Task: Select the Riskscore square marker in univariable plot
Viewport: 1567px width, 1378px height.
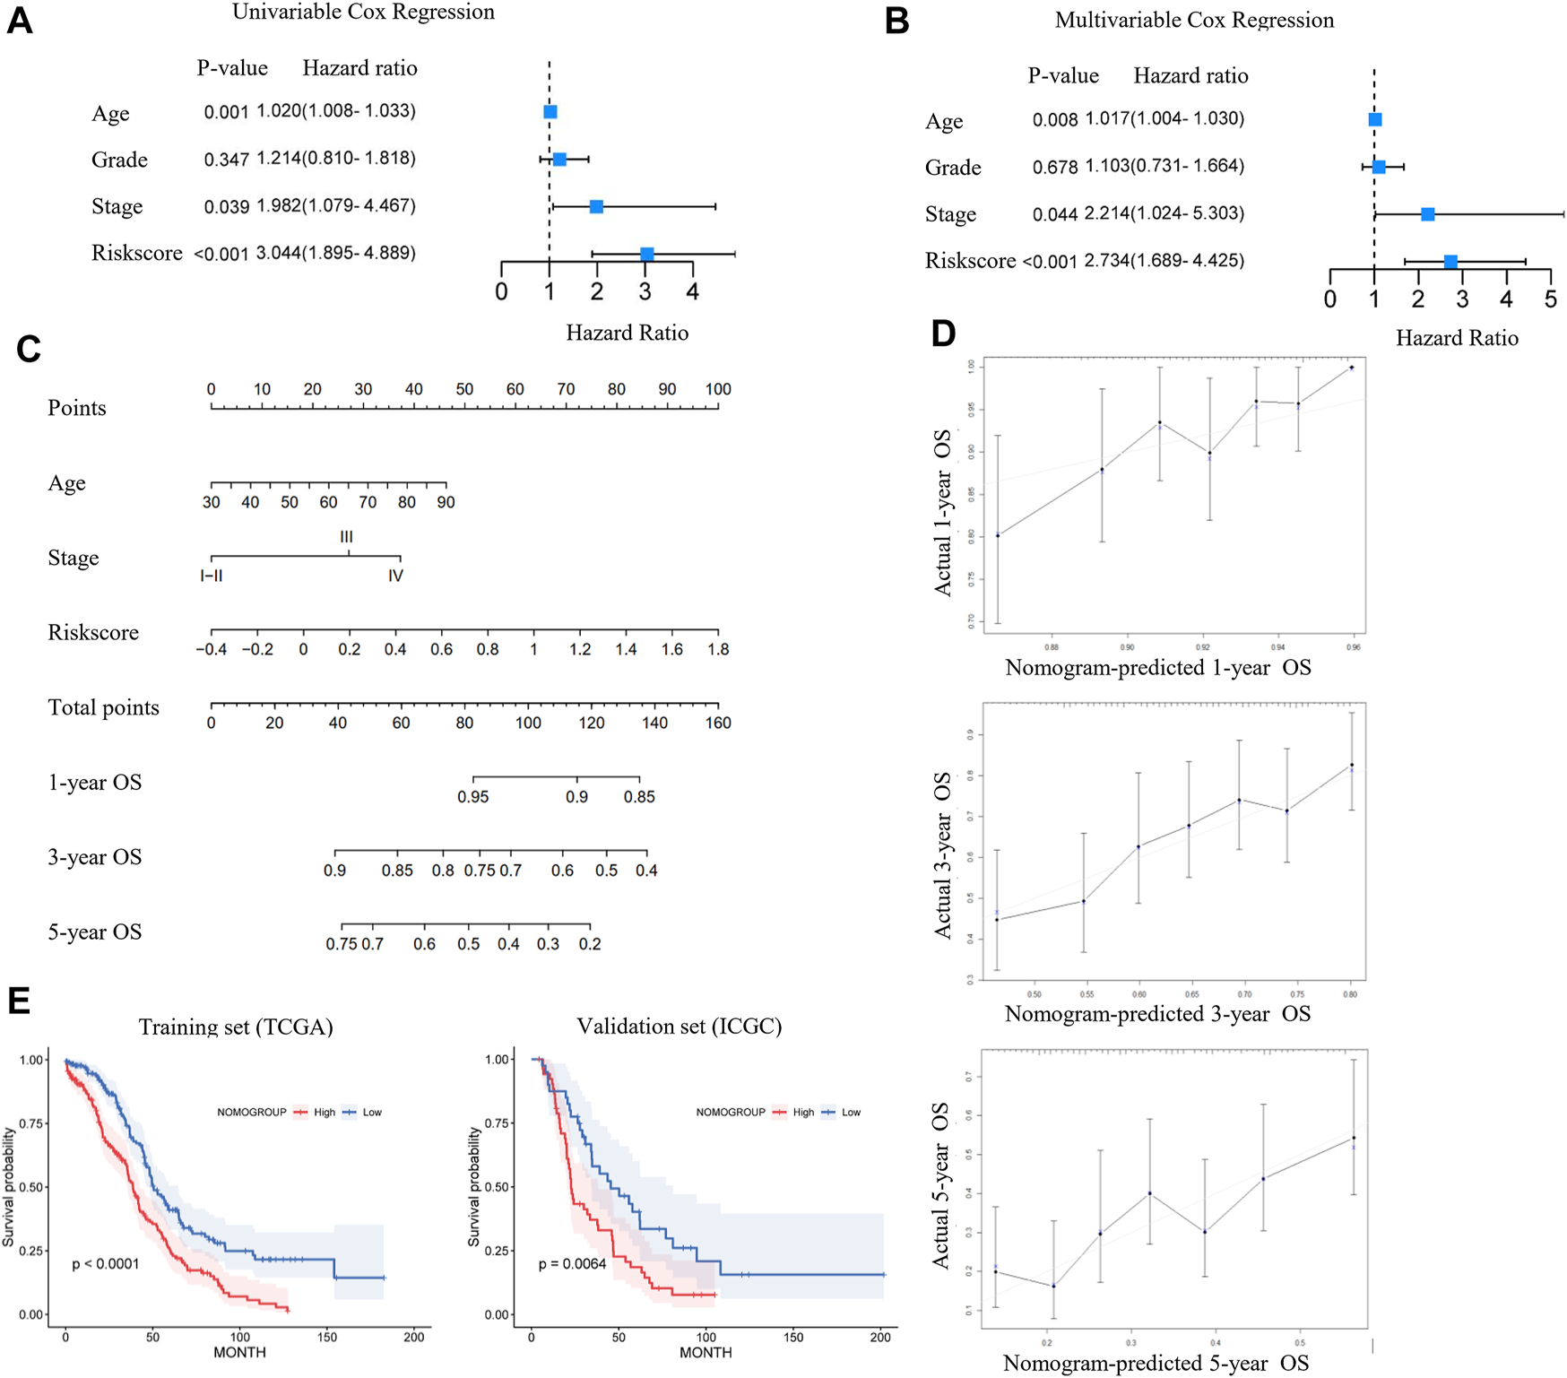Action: [647, 255]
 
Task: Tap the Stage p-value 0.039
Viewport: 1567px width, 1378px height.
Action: [226, 207]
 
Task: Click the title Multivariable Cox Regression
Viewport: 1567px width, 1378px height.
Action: [1194, 20]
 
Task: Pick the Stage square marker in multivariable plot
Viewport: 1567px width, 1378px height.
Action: [1428, 214]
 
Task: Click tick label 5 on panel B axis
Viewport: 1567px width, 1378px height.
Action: [1550, 300]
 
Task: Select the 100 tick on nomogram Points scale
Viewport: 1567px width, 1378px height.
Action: [717, 389]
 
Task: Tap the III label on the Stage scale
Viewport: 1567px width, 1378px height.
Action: [346, 537]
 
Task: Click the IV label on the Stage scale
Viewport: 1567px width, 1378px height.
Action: [395, 576]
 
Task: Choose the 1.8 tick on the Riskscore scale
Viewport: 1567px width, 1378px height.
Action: [717, 649]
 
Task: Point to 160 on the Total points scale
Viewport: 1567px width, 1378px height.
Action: [717, 723]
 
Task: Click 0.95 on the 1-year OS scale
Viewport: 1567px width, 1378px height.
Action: [473, 797]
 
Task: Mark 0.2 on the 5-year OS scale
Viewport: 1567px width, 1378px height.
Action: [589, 944]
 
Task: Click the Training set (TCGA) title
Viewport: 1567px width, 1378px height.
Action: [236, 1027]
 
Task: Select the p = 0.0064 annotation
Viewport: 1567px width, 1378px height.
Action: [572, 1264]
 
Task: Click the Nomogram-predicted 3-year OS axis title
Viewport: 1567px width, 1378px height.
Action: [1157, 1014]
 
